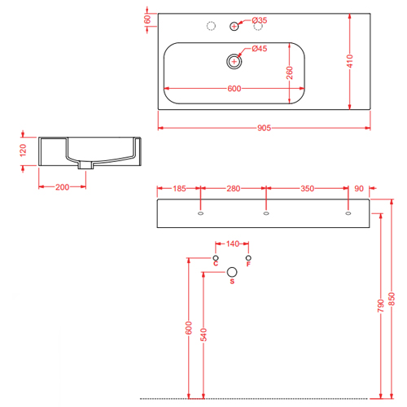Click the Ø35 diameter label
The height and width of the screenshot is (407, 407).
[x=260, y=20]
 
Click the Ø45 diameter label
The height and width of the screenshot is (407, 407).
[x=260, y=49]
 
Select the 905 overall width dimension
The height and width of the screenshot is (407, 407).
[x=264, y=128]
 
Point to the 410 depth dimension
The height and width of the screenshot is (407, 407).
[x=350, y=61]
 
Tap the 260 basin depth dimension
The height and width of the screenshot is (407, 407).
[x=290, y=72]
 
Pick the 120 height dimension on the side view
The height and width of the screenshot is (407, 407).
[x=23, y=150]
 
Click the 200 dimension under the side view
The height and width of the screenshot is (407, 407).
[x=62, y=187]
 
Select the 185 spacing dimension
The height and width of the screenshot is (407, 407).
[x=179, y=189]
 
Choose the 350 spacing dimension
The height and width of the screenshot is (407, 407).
[x=307, y=189]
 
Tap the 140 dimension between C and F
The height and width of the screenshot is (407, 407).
[x=233, y=243]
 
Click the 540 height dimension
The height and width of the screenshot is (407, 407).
[x=203, y=335]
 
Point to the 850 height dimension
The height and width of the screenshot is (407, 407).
[x=392, y=299]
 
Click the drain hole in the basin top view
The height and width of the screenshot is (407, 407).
[x=234, y=62]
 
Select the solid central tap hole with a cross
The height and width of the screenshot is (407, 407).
[x=234, y=26]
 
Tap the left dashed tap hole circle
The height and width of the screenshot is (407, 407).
[x=211, y=26]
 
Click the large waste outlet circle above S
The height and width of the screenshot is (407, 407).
[x=232, y=272]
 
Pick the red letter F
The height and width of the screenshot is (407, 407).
[x=248, y=264]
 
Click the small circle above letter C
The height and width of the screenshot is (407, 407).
[x=216, y=258]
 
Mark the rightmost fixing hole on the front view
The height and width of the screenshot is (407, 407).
[x=348, y=213]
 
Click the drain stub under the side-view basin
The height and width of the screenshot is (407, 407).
[x=86, y=165]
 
